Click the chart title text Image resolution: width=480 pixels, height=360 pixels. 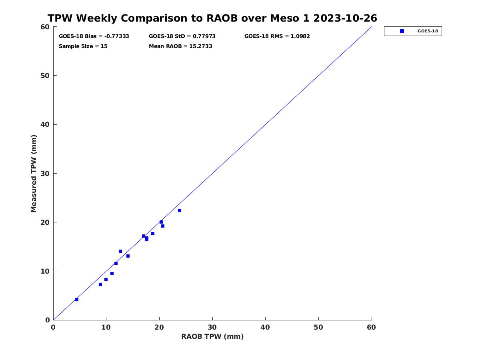click(212, 18)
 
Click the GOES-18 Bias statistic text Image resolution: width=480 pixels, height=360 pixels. click(94, 36)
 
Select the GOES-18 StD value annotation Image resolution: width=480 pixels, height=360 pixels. click(182, 36)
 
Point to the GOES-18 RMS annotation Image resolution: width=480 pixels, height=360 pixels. click(277, 36)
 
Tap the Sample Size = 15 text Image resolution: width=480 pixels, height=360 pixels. click(83, 46)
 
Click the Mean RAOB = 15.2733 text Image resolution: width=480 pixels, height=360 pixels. click(180, 46)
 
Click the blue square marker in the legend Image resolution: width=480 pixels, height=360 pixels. click(402, 31)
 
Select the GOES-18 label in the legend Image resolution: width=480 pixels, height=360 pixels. click(428, 31)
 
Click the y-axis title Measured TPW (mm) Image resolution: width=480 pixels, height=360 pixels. click(34, 173)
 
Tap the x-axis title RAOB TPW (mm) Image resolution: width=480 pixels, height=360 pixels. click(212, 336)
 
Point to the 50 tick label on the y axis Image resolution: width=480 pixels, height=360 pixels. click(45, 76)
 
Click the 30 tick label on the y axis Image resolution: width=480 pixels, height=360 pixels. click(45, 174)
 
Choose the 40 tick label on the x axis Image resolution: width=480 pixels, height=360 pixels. click(265, 327)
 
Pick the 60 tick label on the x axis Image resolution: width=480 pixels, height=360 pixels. click(371, 327)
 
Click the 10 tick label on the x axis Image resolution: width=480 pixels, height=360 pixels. click(106, 327)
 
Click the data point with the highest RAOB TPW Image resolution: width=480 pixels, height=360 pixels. click(180, 210)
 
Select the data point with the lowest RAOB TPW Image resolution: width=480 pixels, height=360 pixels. click(77, 300)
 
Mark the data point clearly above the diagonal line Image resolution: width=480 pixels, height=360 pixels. click(120, 251)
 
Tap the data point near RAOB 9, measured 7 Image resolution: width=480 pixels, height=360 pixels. click(100, 284)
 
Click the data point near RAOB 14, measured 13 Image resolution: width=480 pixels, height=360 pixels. click(128, 256)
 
